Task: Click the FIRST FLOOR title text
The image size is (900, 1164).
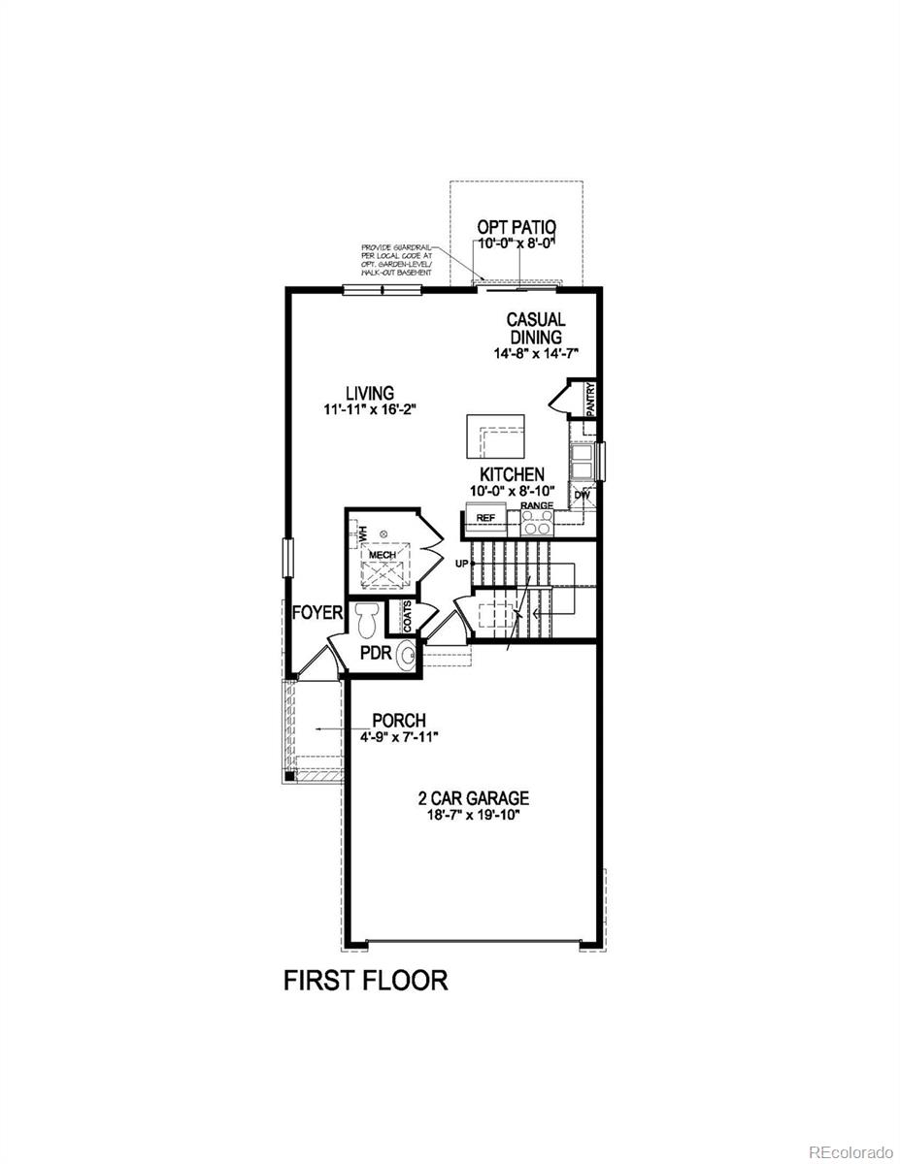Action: coord(365,980)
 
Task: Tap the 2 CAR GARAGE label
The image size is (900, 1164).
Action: coord(473,798)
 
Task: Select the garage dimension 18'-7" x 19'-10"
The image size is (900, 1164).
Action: coord(473,815)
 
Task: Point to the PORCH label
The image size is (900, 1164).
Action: coord(399,721)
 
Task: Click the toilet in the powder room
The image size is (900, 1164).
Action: coord(366,618)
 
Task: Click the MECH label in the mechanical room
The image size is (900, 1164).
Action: coord(382,554)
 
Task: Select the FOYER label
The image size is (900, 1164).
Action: coord(317,613)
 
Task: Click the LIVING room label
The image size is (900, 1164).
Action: coord(370,393)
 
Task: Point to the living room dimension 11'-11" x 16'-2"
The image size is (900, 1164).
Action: coord(371,410)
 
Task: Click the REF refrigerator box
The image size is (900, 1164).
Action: coord(485,518)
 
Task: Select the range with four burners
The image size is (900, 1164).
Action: coord(537,523)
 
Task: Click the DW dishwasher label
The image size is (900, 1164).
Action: coord(583,495)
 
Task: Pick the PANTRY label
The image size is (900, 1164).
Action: coord(590,399)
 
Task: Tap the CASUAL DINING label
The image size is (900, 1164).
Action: coord(535,328)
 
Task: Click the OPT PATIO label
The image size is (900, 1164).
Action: coord(515,227)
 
